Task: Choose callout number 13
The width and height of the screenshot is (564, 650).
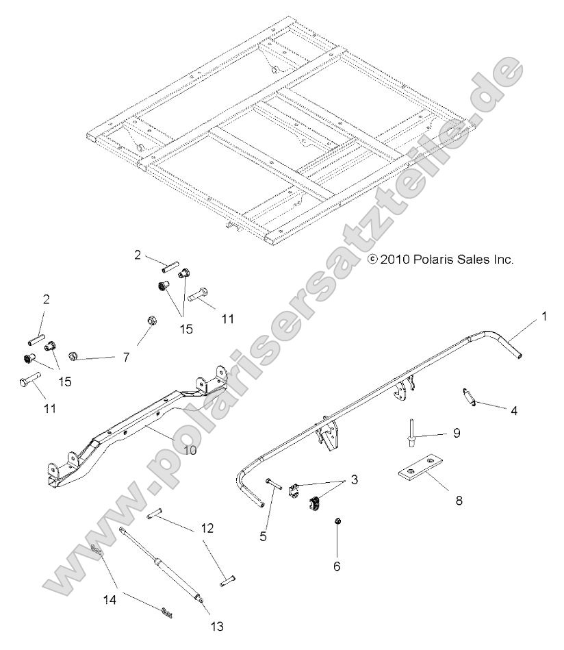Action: pyautogui.click(x=218, y=625)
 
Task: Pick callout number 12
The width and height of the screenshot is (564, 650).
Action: pyautogui.click(x=206, y=528)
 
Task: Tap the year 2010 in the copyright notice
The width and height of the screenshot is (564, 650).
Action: pyautogui.click(x=396, y=260)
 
